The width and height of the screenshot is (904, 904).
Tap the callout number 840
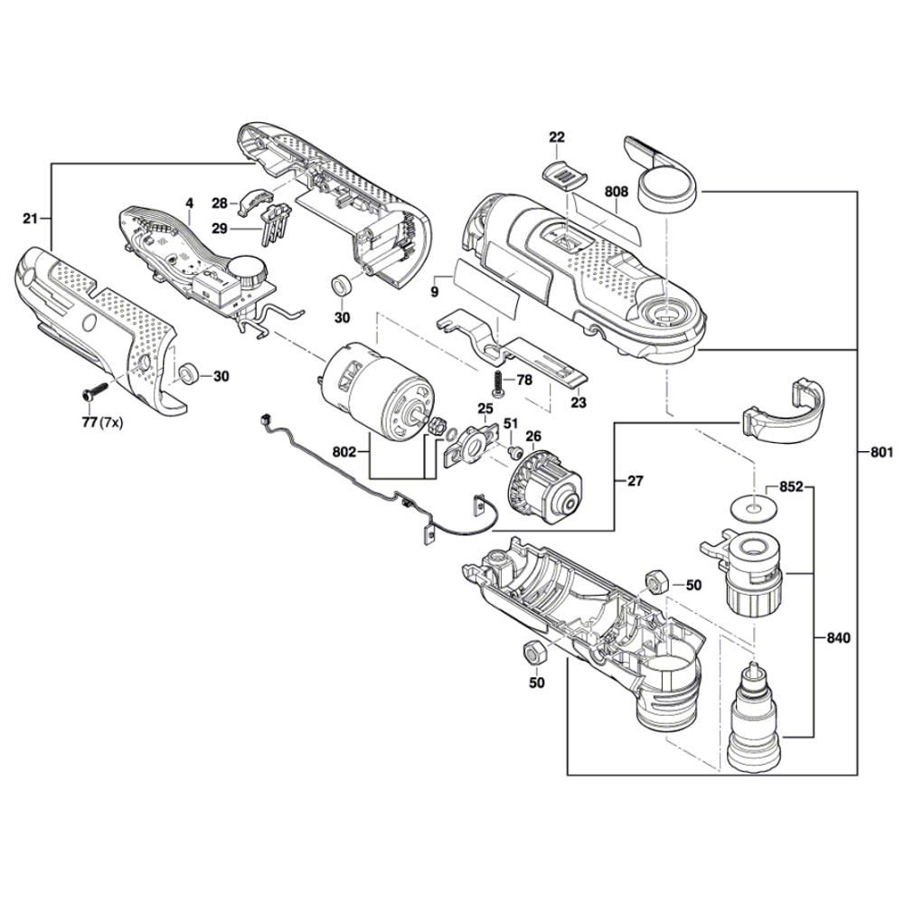pos(840,638)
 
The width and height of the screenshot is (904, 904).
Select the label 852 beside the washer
pos(792,488)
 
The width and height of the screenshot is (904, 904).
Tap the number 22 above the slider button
pos(556,137)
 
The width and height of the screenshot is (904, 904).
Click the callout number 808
pos(617,192)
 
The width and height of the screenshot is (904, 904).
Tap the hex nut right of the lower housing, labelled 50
pos(657,582)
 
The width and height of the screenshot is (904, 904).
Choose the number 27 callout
pos(636,481)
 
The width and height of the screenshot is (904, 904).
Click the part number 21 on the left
pos(30,219)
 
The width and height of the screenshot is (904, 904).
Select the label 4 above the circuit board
pos(190,204)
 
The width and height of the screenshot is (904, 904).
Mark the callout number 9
pos(434,292)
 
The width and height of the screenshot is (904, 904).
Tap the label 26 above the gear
pos(533,437)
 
